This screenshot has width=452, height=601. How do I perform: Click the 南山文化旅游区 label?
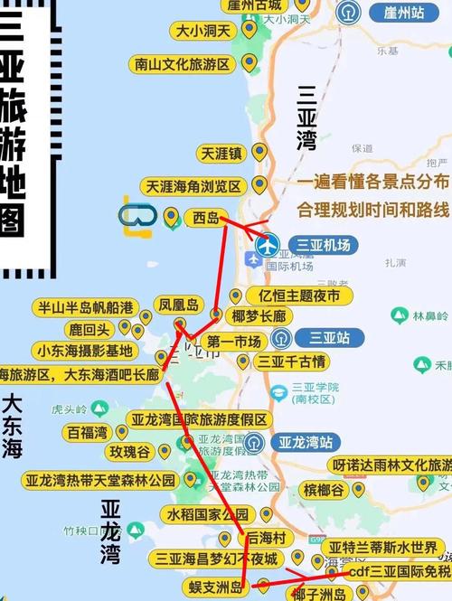pos(184,64)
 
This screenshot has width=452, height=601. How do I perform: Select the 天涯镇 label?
pos(222,154)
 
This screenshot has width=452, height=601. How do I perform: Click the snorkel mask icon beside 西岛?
pos(137,217)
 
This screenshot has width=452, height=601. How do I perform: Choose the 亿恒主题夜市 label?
pos(299,296)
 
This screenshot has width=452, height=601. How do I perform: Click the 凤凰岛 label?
pos(177,305)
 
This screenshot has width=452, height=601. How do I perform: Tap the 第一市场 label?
pos(234,342)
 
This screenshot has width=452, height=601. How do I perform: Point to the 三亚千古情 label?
pos(291,362)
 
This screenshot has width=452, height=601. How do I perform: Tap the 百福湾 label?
pos(88,432)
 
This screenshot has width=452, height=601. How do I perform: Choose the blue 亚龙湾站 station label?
pos(305,443)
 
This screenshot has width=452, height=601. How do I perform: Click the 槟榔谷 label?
pos(324,490)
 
